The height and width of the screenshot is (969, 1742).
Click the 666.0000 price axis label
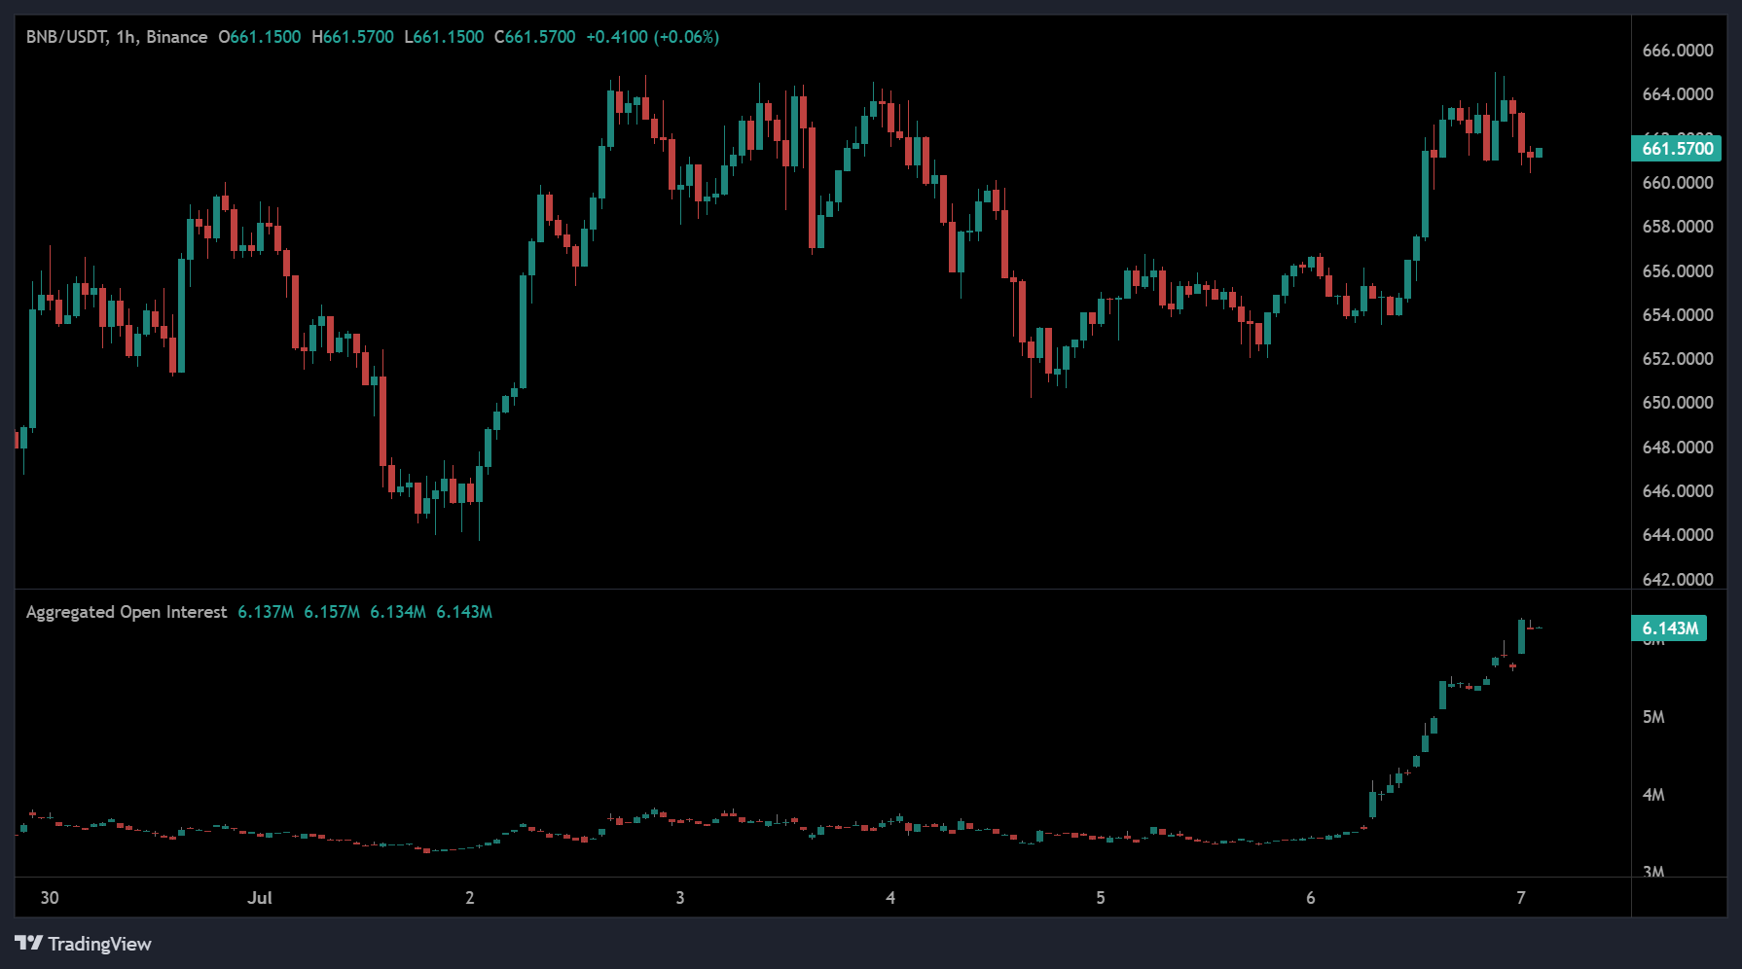click(1677, 51)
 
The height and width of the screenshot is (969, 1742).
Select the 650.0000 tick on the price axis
click(1677, 403)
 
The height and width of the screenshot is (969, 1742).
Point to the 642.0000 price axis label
click(1677, 580)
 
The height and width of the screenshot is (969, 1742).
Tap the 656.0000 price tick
click(1677, 271)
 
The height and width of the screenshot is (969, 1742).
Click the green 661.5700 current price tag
click(1677, 149)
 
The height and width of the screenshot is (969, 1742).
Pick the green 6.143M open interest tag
click(1669, 628)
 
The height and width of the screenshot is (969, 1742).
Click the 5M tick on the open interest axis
click(1653, 717)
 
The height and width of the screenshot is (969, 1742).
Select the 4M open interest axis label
click(1653, 795)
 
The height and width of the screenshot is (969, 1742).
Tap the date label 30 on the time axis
click(50, 898)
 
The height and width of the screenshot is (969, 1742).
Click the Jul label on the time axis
click(260, 898)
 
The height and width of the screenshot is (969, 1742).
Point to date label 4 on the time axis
click(890, 898)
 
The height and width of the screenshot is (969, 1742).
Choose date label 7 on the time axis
click(1521, 898)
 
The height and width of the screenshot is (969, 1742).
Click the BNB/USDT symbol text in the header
click(66, 37)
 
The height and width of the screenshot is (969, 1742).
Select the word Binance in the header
click(177, 37)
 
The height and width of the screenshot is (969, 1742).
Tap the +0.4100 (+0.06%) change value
click(652, 37)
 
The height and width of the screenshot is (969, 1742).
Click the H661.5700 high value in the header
click(352, 37)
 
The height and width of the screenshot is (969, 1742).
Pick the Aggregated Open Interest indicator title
click(127, 612)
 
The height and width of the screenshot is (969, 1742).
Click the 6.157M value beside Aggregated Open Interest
click(332, 612)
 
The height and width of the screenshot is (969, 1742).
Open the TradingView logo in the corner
click(84, 944)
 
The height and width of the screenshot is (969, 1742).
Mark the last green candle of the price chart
click(1539, 153)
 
